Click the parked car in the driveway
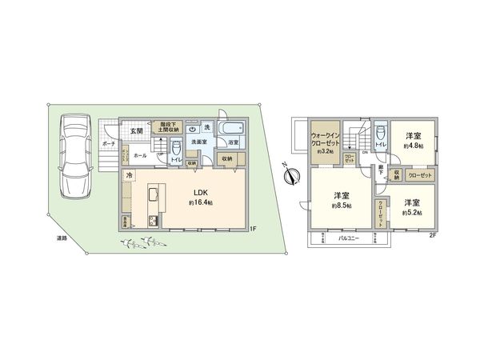[76, 155]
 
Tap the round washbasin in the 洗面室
[194, 128]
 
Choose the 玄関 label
[135, 130]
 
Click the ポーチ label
[108, 144]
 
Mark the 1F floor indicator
[252, 230]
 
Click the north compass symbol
[287, 171]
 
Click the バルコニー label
[346, 238]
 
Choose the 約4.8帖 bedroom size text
[413, 146]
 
